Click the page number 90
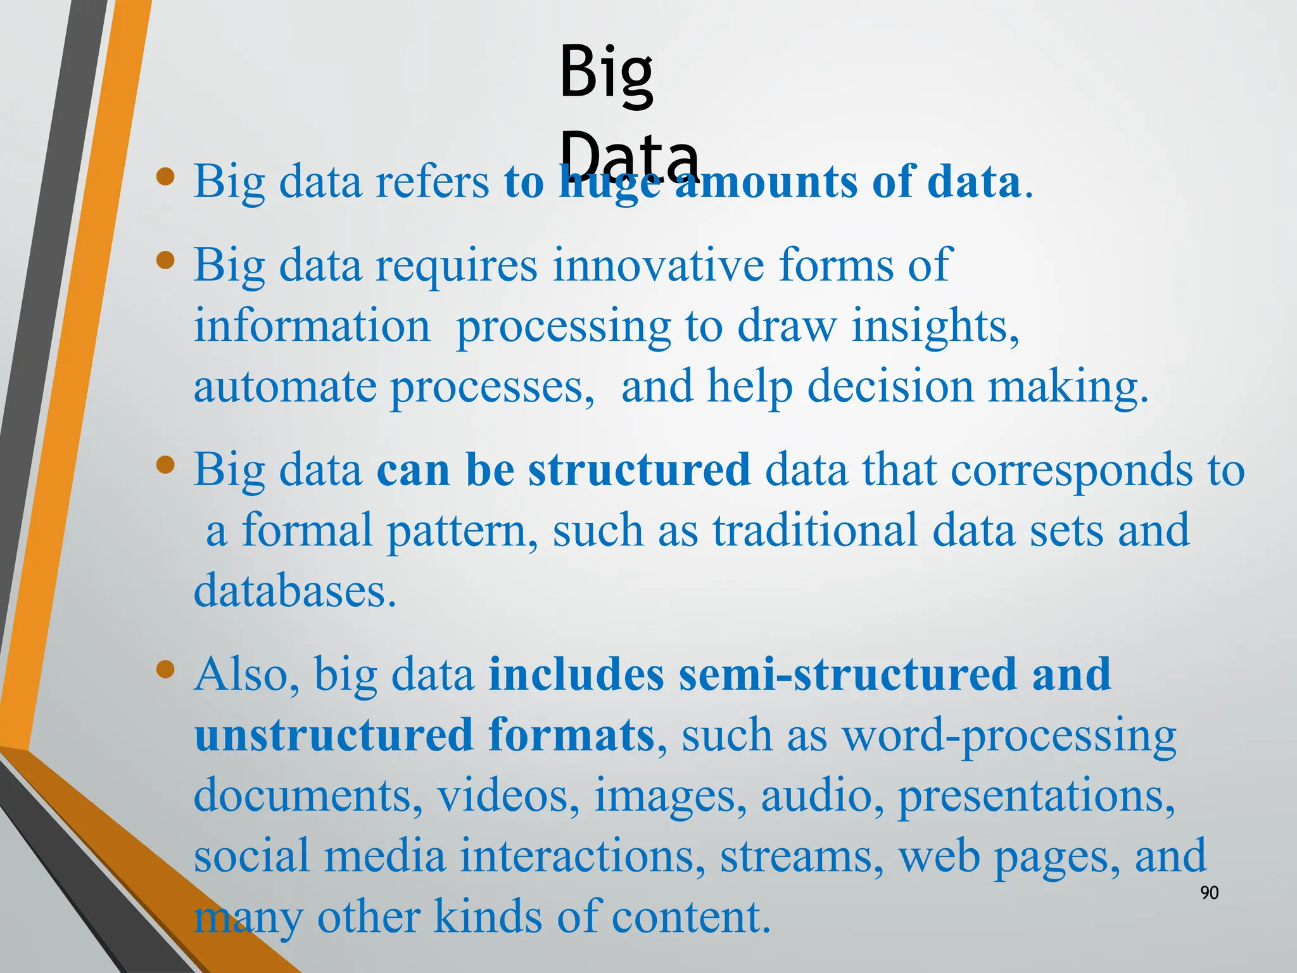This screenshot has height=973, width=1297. coord(1209,893)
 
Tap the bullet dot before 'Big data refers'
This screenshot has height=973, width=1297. coord(165,177)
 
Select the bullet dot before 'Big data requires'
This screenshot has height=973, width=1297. coord(165,260)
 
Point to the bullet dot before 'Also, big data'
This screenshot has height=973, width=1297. coord(165,670)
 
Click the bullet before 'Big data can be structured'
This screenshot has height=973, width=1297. coord(165,466)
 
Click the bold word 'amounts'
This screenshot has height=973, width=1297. coord(765,182)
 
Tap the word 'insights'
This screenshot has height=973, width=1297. coord(933,326)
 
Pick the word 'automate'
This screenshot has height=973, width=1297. coord(284,387)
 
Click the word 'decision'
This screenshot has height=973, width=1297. coord(890,387)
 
